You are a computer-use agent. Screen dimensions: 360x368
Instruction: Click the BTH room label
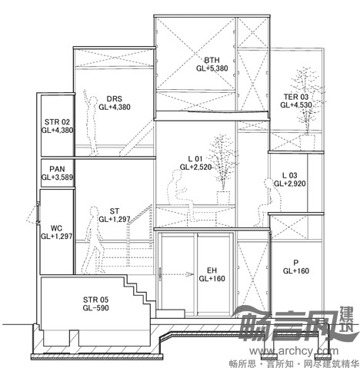coord(212,60)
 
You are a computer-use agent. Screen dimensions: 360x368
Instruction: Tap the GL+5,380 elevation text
coord(212,68)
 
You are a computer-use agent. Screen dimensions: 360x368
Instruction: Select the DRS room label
coord(115,98)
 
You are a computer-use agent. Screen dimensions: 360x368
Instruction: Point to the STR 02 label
coord(57,122)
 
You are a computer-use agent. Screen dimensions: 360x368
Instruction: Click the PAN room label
coord(57,169)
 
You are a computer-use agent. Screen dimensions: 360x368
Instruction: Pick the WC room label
coord(56,228)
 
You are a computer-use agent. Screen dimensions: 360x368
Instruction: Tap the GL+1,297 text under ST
coord(115,219)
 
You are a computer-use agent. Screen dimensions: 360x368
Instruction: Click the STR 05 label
coord(95,300)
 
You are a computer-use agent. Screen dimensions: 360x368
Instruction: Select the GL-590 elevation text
coord(95,307)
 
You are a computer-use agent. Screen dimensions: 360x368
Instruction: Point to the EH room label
coord(212,270)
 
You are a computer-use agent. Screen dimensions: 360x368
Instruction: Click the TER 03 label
coord(296,97)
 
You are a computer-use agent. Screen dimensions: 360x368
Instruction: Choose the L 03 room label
coord(290,175)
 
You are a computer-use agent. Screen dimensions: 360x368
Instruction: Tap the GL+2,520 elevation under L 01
coord(196,167)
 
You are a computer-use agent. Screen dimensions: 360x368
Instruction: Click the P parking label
coord(296,263)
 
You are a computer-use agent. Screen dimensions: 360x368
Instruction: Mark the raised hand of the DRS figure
coord(85,92)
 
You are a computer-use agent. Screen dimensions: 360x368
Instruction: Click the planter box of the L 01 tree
coord(223,197)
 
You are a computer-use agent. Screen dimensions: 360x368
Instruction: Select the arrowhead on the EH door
coord(190,275)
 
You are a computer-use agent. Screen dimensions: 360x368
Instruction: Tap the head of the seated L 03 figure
coord(268,183)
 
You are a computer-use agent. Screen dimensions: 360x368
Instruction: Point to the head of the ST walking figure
coord(94,212)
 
